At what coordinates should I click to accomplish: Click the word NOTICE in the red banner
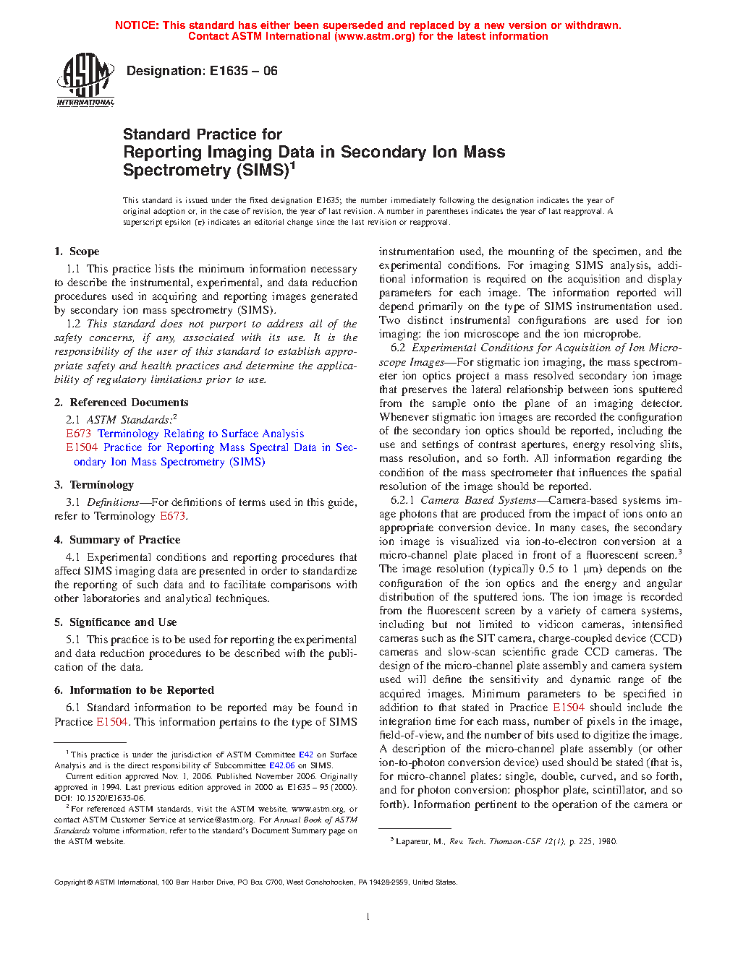click(137, 25)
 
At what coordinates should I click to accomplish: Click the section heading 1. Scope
click(77, 252)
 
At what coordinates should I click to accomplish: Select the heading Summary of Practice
click(124, 540)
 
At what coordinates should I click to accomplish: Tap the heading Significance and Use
click(123, 622)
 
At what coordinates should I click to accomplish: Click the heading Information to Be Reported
click(142, 690)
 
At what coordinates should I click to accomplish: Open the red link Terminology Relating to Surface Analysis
click(200, 434)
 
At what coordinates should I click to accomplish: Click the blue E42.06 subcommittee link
click(281, 765)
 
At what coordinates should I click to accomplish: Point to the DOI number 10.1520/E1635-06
click(106, 798)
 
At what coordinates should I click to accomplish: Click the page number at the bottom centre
click(368, 917)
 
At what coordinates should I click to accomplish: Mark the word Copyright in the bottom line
click(70, 882)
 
